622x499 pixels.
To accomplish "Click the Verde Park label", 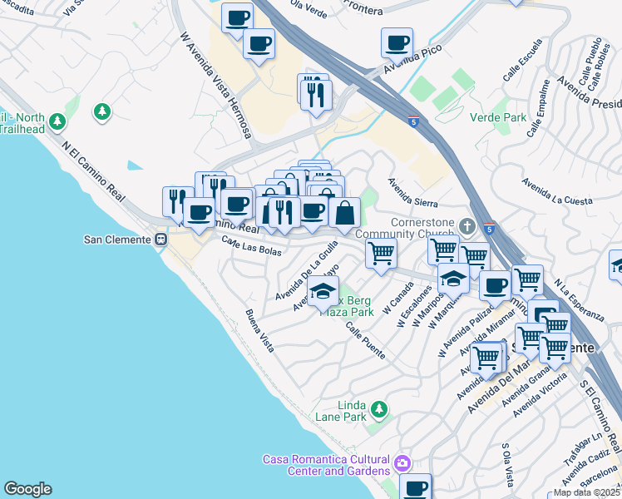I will (x=497, y=118).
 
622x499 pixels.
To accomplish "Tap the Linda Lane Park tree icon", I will (x=378, y=408).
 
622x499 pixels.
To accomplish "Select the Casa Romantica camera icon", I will (x=403, y=462).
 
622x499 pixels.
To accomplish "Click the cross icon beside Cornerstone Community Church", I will (x=467, y=225).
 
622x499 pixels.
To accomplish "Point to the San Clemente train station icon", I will (x=161, y=240).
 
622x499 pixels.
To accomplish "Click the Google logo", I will (x=27, y=489).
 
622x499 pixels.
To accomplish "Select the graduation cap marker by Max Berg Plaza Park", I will (x=323, y=291).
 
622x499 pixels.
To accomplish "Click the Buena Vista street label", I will (x=259, y=330).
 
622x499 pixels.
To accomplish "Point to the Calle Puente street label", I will (x=365, y=338).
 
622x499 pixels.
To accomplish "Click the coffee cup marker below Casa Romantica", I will (x=415, y=487).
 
